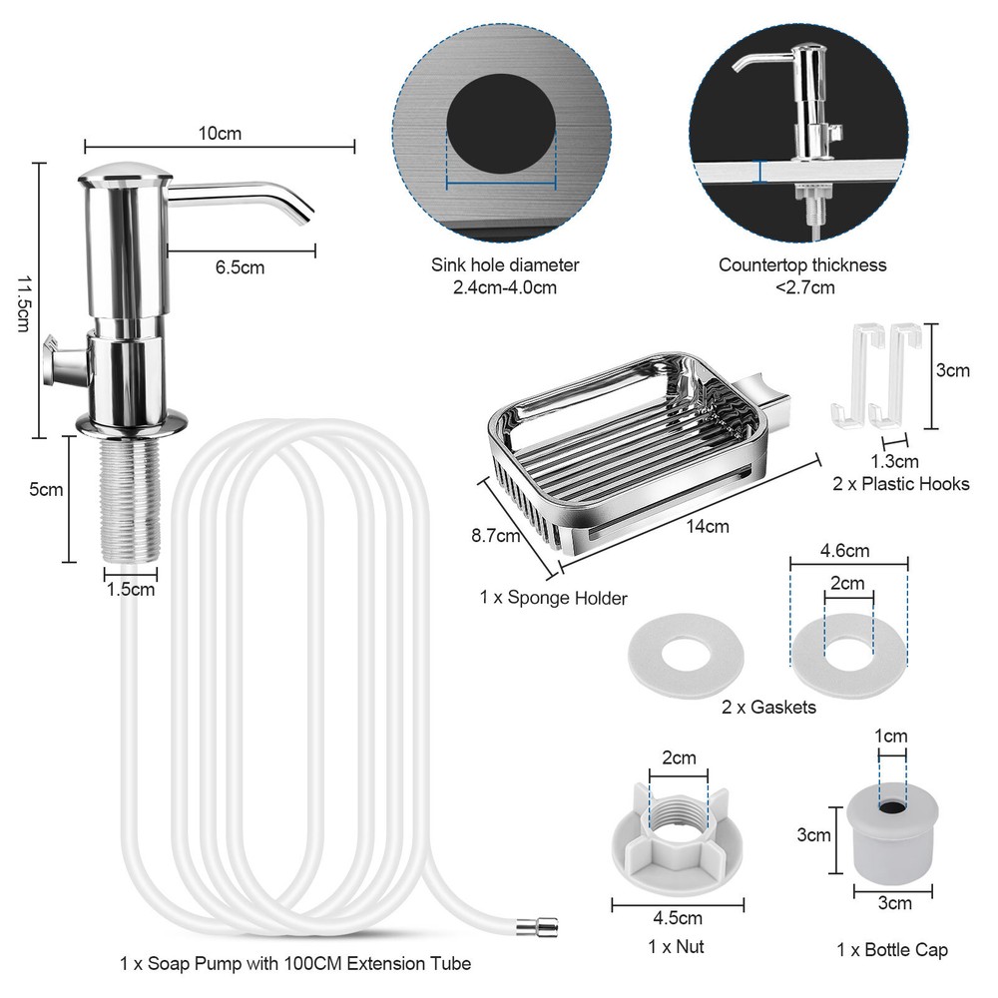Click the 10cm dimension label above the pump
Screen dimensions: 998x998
[x=220, y=134]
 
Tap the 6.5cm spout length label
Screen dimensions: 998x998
[x=240, y=267]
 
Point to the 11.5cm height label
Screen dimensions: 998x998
[x=24, y=303]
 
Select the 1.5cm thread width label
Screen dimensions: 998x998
[x=131, y=590]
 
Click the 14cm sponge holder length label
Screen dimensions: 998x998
[x=708, y=526]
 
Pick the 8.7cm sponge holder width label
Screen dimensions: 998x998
[x=496, y=536]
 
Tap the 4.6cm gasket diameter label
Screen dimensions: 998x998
[x=844, y=551]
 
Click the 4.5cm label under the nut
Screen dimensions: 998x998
[x=678, y=918]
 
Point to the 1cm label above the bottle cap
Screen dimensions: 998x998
[x=890, y=737]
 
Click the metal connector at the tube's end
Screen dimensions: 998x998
[x=538, y=927]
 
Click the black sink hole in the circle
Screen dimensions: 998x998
[x=501, y=123]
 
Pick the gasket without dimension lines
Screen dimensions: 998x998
[x=686, y=655]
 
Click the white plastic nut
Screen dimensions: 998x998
[x=678, y=837]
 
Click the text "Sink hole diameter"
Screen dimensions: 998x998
[x=505, y=264]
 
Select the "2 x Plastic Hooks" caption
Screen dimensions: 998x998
[x=900, y=484]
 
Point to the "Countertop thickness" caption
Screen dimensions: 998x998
[x=802, y=264]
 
